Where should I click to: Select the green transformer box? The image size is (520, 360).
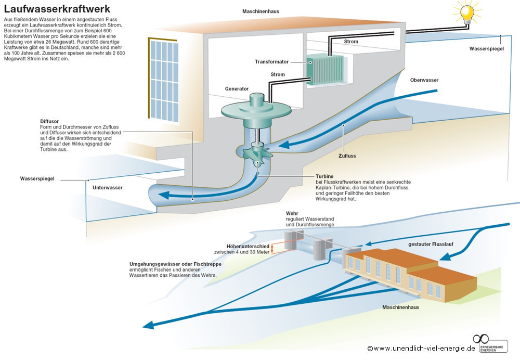click(325, 70)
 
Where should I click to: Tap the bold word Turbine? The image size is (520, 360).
click(324, 176)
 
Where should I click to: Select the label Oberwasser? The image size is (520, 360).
click(424, 80)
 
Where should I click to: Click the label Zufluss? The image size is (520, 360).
click(346, 155)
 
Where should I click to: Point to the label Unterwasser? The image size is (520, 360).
click(108, 187)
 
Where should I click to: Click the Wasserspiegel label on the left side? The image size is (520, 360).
click(37, 178)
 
